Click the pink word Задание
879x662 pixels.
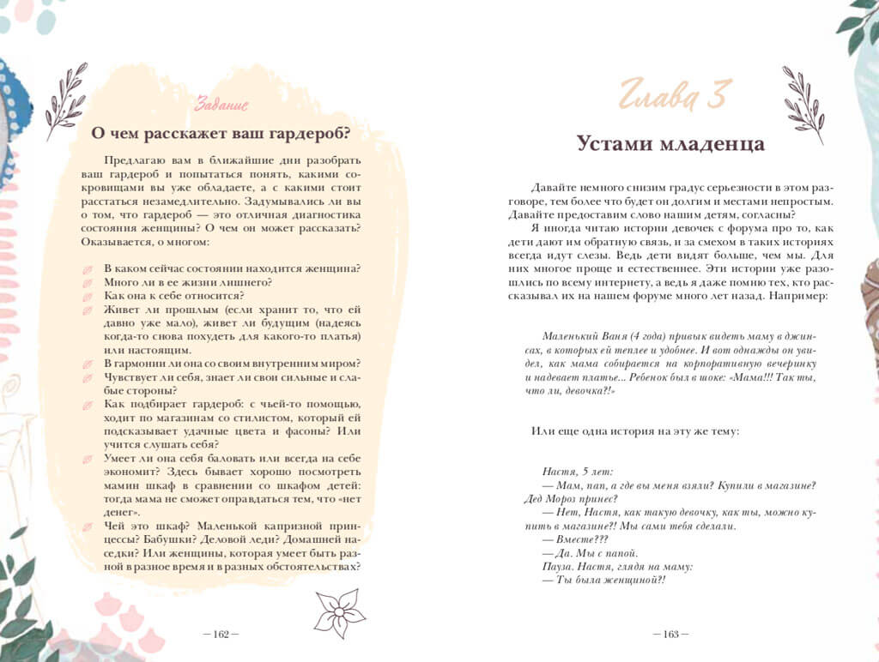pyautogui.click(x=221, y=105)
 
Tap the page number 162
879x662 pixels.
pyautogui.click(x=221, y=635)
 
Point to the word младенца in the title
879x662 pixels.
pyautogui.click(x=712, y=142)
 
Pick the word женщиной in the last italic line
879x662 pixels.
pyautogui.click(x=631, y=579)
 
